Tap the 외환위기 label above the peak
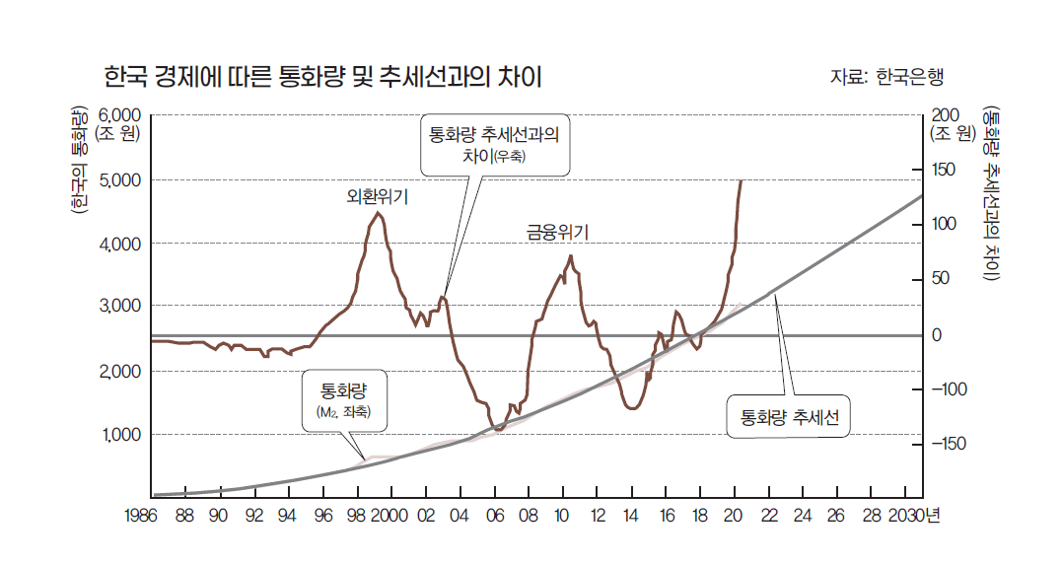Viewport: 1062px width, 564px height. point(377,196)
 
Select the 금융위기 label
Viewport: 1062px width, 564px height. point(557,233)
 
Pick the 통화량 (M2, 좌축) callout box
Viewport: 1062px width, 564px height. point(344,402)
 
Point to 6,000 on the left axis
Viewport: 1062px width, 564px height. point(120,114)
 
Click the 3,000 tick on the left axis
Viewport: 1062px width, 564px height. point(121,307)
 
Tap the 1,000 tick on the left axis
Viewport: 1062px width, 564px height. point(121,434)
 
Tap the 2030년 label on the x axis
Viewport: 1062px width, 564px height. point(913,515)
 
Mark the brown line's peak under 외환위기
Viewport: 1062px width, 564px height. point(379,213)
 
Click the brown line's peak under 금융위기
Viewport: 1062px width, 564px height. point(570,256)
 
